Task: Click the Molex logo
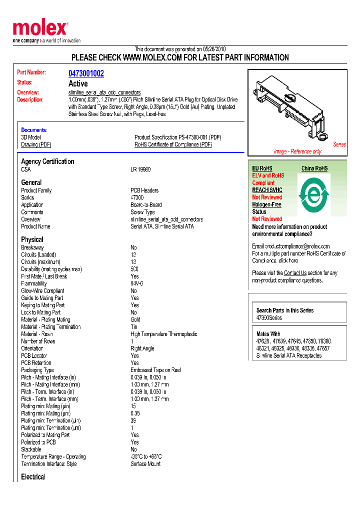point(40,29)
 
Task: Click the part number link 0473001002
point(86,73)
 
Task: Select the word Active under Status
point(78,83)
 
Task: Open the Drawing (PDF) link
point(36,144)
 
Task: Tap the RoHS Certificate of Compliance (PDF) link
point(173,144)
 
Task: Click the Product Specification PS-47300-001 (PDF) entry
point(177,137)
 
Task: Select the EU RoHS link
point(262,168)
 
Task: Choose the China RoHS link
point(314,168)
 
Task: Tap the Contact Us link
point(295,273)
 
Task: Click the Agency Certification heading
point(47,161)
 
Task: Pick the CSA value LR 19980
point(140,169)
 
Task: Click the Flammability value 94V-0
point(137,283)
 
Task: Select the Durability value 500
point(135,269)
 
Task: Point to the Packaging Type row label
point(37,370)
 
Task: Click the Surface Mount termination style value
point(145,464)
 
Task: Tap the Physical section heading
point(32,239)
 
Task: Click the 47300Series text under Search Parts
point(269,317)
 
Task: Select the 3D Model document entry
point(31,137)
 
